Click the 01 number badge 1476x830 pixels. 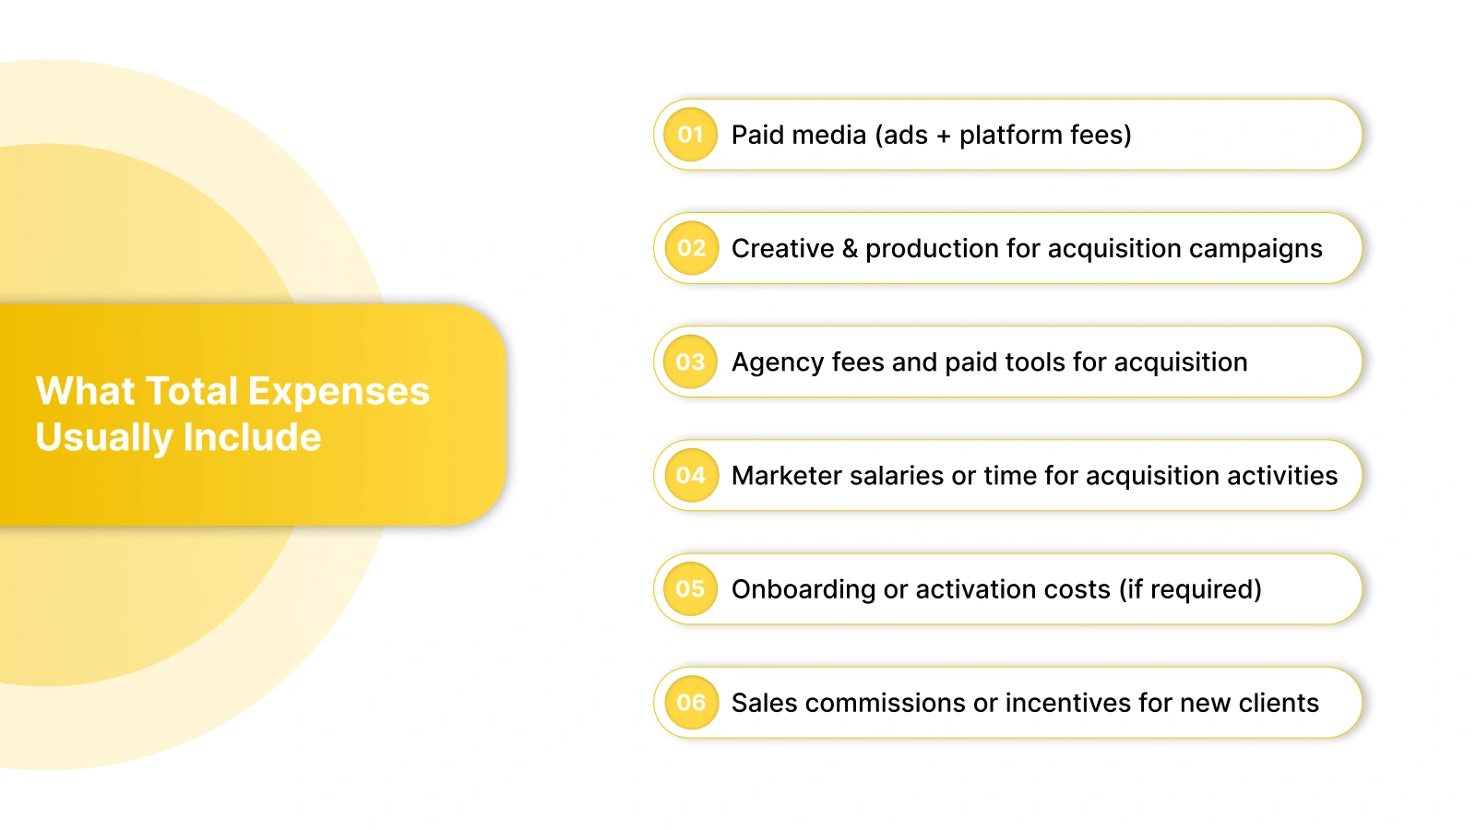pos(690,135)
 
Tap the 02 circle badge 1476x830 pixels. pos(691,248)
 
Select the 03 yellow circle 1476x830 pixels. pos(690,362)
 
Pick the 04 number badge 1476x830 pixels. pos(690,475)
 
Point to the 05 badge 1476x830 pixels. pos(690,588)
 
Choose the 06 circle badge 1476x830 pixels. pos(690,702)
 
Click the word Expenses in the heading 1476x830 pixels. pos(339,392)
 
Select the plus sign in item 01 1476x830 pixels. pos(943,136)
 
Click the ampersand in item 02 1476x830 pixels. pos(850,248)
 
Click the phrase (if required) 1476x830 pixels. pos(1190,589)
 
